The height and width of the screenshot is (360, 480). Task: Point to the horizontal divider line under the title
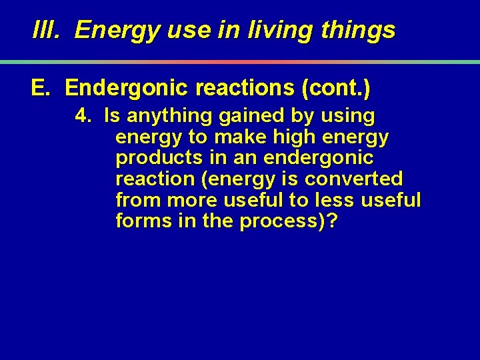point(240,62)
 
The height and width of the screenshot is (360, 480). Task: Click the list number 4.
point(83,117)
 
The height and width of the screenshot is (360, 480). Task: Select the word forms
point(142,221)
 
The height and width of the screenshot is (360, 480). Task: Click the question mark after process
point(331,221)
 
